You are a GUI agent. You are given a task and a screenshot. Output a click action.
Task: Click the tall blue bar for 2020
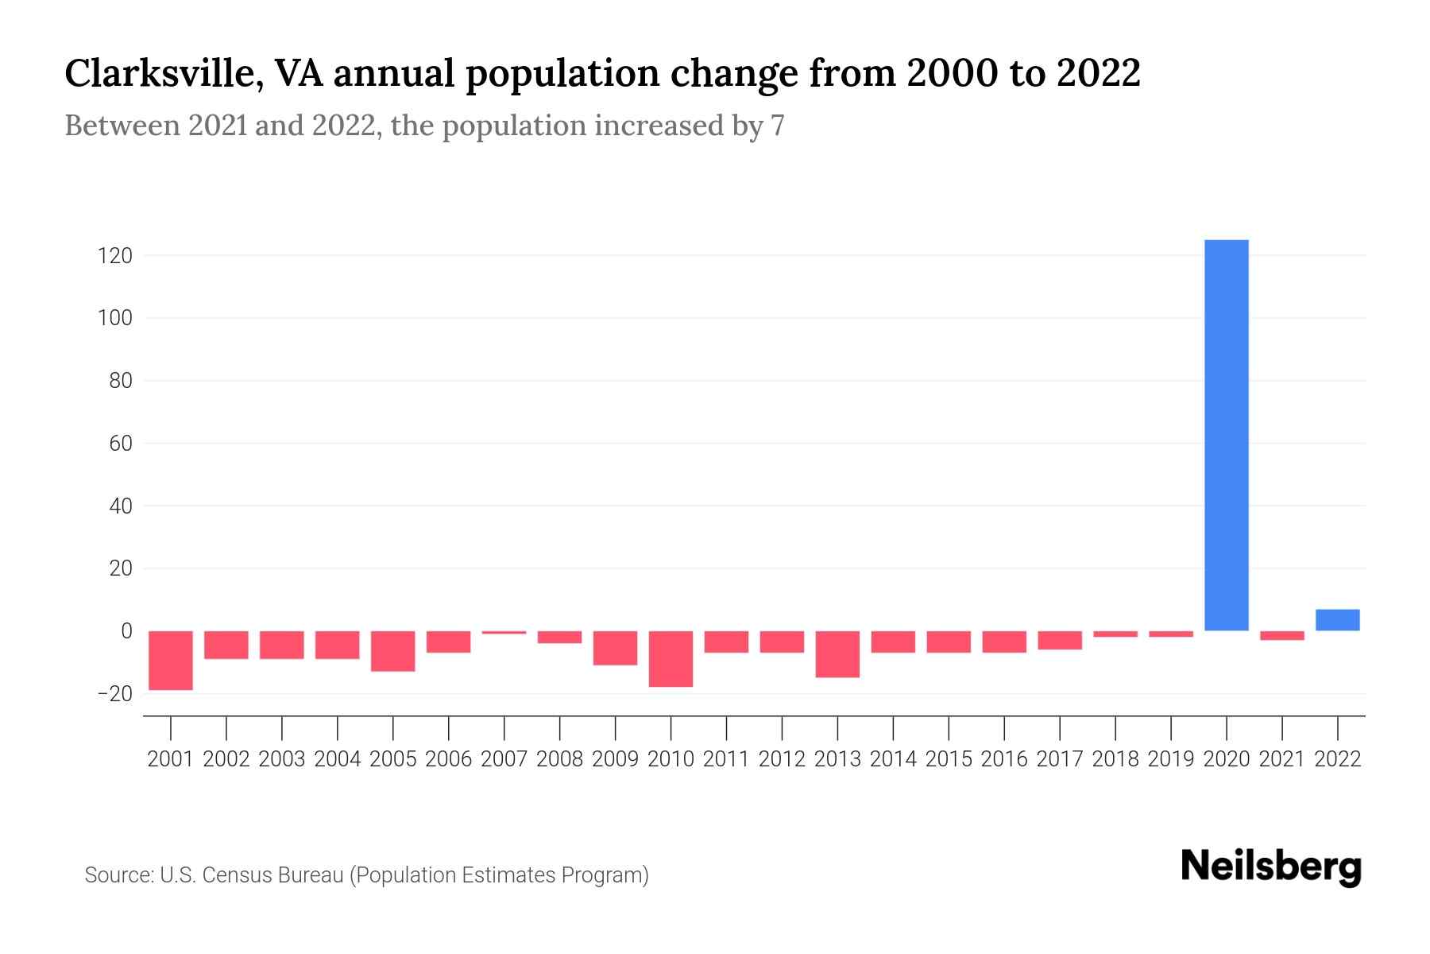pyautogui.click(x=1226, y=435)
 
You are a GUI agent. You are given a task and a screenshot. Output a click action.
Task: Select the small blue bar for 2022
pyautogui.click(x=1337, y=620)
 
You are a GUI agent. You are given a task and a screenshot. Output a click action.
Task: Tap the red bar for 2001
pyautogui.click(x=171, y=660)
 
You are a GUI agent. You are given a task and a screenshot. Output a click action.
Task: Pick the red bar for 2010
pyautogui.click(x=671, y=658)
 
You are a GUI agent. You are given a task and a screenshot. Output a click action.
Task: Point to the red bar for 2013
pyautogui.click(x=837, y=653)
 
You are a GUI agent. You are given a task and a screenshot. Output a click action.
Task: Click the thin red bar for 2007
pyautogui.click(x=504, y=632)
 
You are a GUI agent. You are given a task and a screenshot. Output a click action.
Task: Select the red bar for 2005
pyautogui.click(x=392, y=650)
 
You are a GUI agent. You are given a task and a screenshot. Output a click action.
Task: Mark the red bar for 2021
pyautogui.click(x=1281, y=635)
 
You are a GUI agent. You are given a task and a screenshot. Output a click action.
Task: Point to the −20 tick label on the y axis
pyautogui.click(x=114, y=694)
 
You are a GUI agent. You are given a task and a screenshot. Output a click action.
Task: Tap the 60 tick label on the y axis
pyautogui.click(x=121, y=444)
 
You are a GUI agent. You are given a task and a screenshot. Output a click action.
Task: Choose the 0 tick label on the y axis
pyautogui.click(x=126, y=631)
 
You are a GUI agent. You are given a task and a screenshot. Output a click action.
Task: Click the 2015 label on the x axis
pyautogui.click(x=949, y=759)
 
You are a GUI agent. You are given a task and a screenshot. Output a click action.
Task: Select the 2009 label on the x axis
pyautogui.click(x=615, y=759)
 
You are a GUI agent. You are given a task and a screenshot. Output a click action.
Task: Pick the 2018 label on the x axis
pyautogui.click(x=1115, y=759)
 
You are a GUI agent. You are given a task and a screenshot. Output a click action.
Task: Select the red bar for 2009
pyautogui.click(x=615, y=647)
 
